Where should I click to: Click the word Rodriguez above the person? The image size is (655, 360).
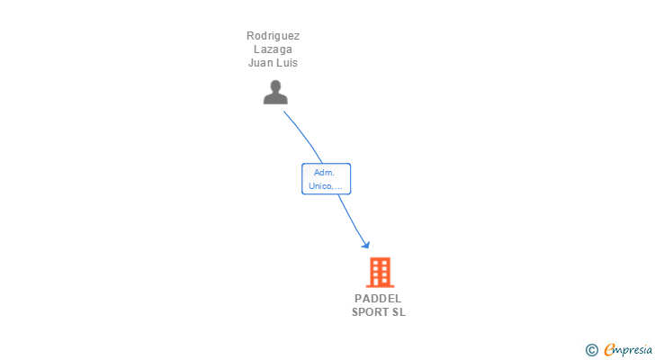click(274, 36)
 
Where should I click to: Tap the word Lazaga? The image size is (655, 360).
click(274, 49)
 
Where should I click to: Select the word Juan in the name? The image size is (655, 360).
click(260, 63)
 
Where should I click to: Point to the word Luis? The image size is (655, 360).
click(287, 63)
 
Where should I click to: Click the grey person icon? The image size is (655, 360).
click(275, 92)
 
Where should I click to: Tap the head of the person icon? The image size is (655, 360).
click(275, 85)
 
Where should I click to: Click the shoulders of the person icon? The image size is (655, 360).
click(275, 99)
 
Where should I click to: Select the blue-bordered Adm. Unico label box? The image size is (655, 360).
click(326, 178)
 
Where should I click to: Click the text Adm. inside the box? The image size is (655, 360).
click(325, 172)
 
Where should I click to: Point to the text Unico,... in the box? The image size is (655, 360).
click(326, 186)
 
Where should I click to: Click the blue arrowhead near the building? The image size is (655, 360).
click(365, 244)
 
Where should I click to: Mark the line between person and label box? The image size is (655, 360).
click(304, 136)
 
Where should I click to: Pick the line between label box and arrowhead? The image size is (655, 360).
click(351, 219)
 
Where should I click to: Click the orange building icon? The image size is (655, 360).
click(380, 272)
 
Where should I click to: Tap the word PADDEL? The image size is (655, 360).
click(379, 299)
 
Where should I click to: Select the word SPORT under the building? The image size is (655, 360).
click(370, 312)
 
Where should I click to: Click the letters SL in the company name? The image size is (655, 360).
click(399, 312)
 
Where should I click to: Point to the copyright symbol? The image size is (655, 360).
click(592, 349)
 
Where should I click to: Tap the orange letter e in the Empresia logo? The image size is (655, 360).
click(609, 349)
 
